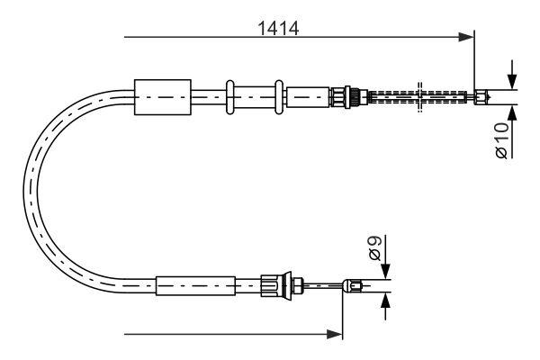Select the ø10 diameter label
[x=500, y=140]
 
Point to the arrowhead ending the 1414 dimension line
[x=467, y=37]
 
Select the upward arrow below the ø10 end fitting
[x=512, y=113]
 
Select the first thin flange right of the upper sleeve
[x=231, y=94]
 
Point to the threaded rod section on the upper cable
[x=418, y=94]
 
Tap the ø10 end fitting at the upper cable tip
[x=483, y=94]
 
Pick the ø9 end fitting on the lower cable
[x=354, y=287]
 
